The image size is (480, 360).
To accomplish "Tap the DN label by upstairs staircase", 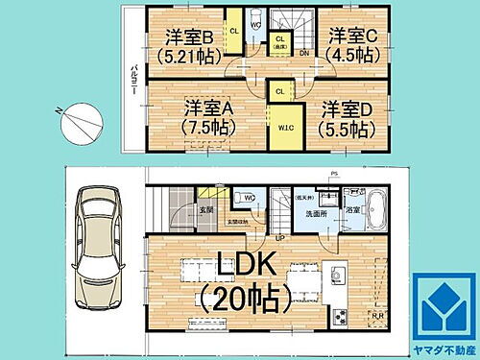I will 303,55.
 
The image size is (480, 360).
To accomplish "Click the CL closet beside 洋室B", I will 233,30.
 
